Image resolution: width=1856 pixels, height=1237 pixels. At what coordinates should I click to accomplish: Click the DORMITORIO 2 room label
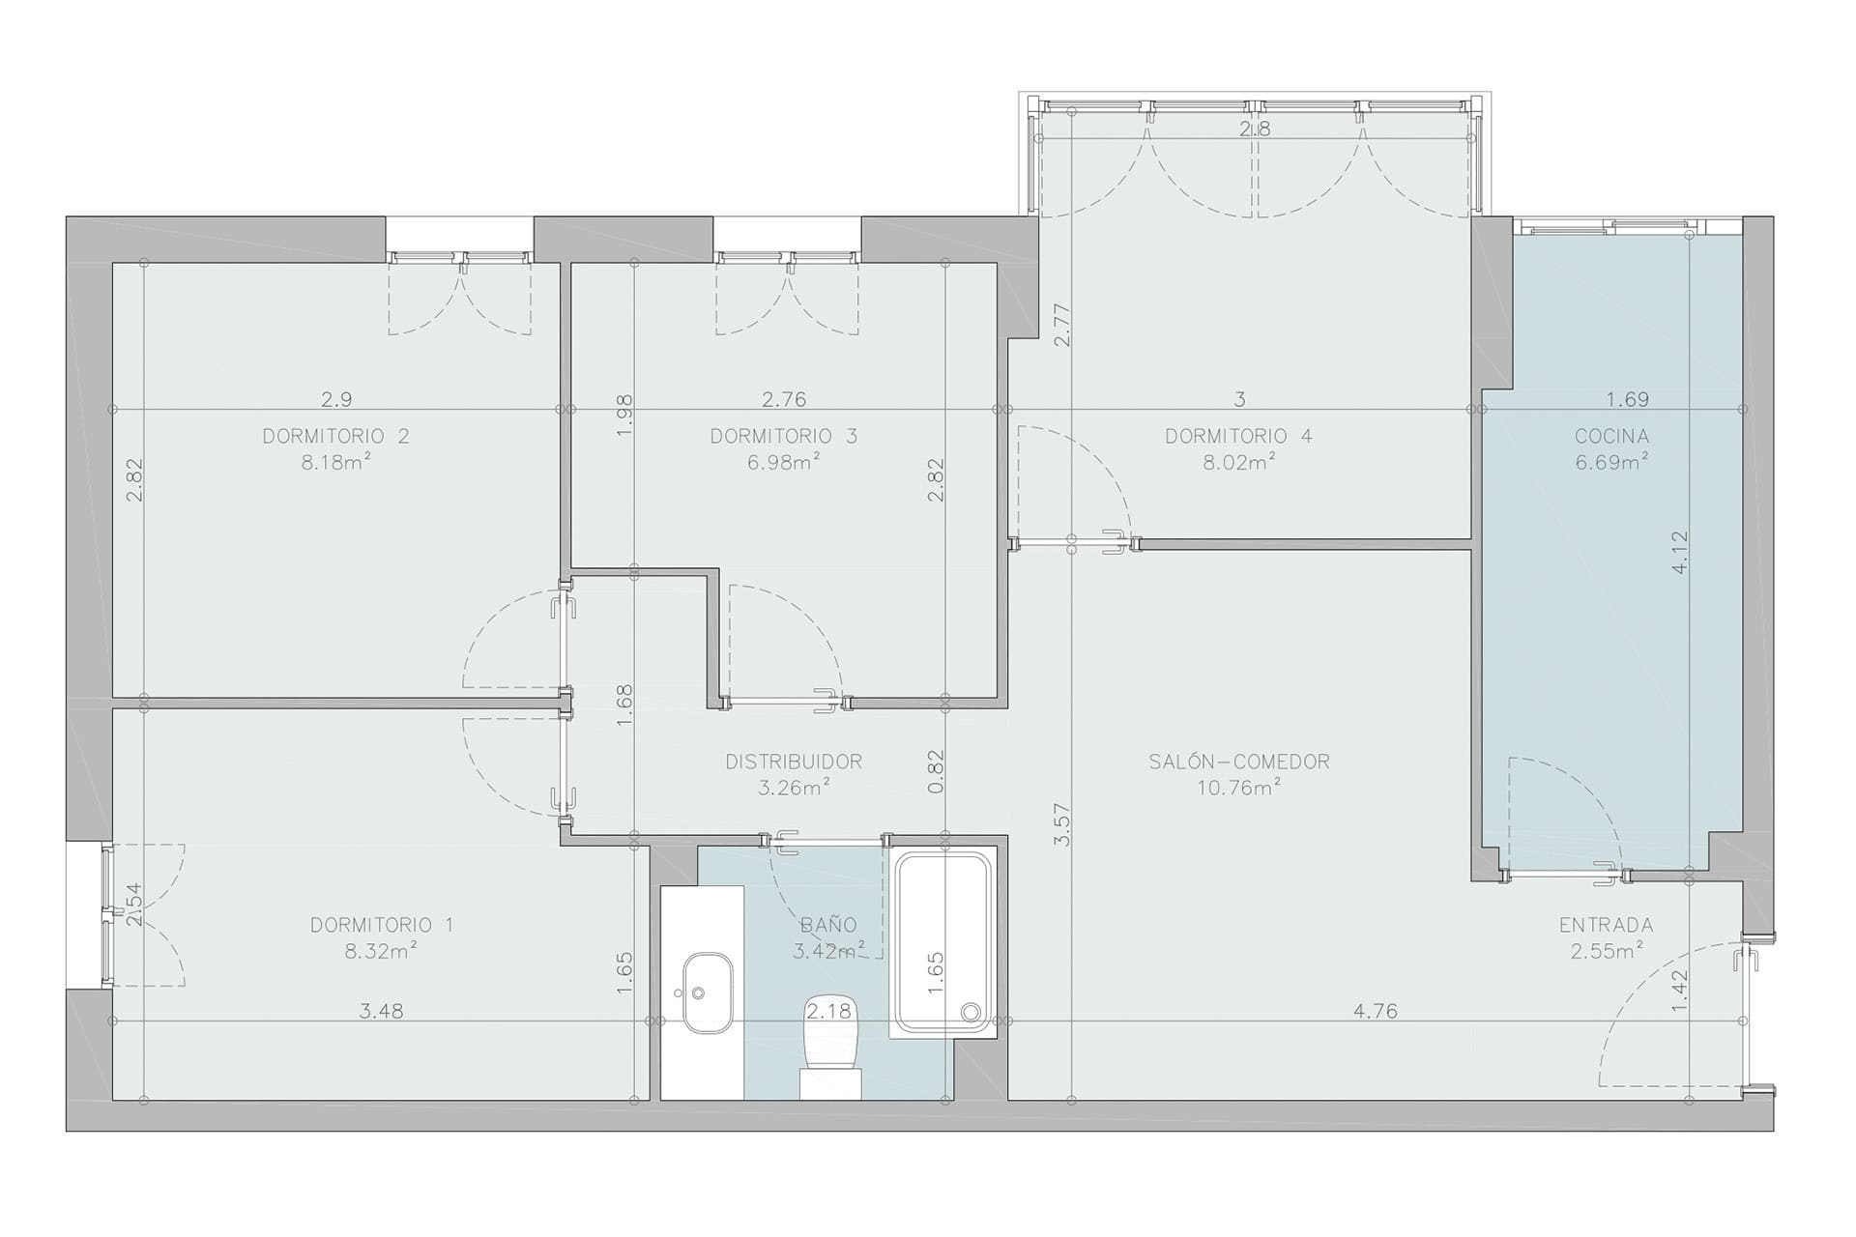tap(335, 436)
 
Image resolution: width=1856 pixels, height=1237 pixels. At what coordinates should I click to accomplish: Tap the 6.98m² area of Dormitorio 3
tap(784, 461)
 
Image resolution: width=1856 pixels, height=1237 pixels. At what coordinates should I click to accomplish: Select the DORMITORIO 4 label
tap(1238, 436)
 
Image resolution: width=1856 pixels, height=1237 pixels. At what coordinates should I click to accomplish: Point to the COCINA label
tap(1611, 436)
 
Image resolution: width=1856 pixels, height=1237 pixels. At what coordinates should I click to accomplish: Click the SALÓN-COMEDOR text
tap(1239, 762)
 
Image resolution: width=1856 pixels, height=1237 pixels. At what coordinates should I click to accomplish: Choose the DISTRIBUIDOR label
tap(794, 762)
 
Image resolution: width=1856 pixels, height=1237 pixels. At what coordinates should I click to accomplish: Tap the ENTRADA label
tap(1606, 925)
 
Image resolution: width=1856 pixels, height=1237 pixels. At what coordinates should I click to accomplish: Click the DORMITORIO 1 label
tap(381, 925)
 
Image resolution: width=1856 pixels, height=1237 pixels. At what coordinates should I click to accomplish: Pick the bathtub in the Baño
tap(943, 943)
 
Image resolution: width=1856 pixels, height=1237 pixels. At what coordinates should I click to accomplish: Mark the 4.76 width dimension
tap(1375, 1012)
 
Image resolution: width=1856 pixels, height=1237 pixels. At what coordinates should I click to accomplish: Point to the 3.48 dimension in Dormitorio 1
tap(381, 1012)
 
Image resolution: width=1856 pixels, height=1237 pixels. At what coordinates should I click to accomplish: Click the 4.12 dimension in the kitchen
tap(1679, 553)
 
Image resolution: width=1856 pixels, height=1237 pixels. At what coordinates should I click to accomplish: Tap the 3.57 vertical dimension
tap(1062, 825)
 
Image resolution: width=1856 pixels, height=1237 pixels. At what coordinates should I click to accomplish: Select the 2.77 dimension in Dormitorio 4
tap(1062, 326)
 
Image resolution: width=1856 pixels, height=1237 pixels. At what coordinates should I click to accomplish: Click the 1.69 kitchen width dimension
tap(1627, 399)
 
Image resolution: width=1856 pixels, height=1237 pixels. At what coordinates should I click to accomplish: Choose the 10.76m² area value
tap(1239, 788)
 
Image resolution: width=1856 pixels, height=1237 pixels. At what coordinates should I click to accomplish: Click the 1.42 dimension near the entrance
tap(1679, 990)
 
